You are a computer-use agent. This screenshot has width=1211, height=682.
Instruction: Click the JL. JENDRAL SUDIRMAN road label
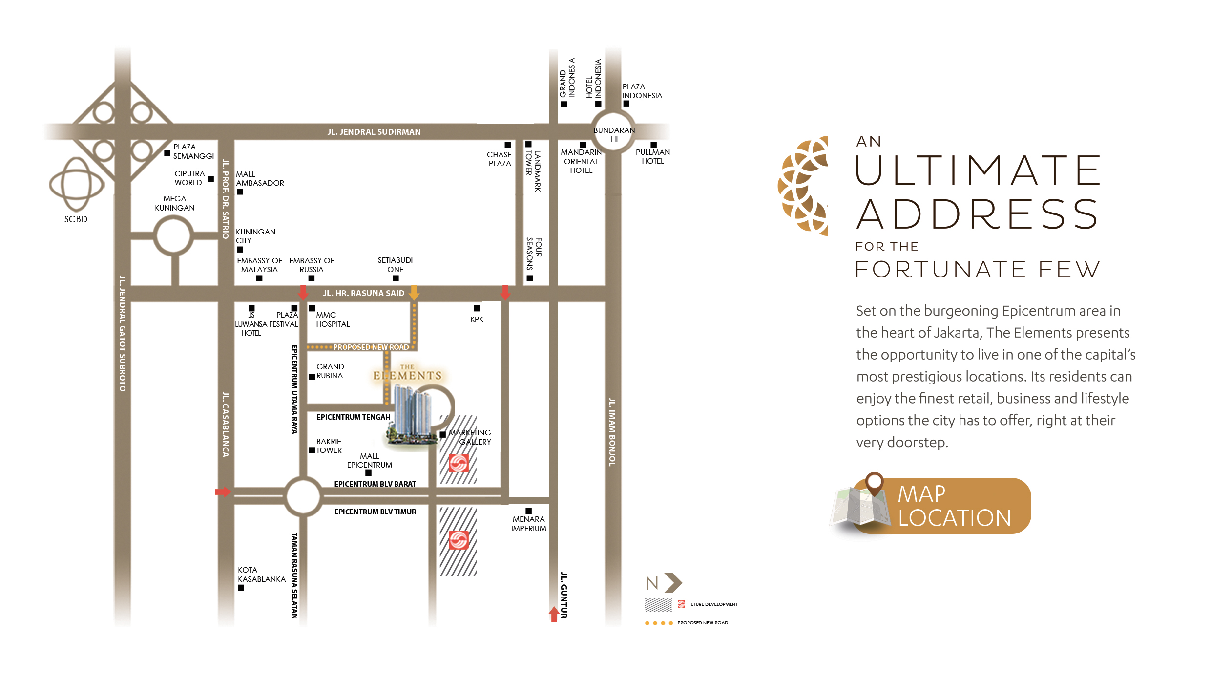pos(374,132)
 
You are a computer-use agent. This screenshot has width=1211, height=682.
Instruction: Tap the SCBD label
pos(76,219)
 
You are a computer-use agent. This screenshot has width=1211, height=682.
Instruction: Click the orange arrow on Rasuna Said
pos(414,292)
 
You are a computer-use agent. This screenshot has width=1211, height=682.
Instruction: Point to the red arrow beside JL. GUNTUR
pos(554,614)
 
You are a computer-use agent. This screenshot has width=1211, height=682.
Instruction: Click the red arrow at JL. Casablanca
pos(223,491)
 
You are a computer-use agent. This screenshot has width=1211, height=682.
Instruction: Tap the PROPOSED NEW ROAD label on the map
pos(371,347)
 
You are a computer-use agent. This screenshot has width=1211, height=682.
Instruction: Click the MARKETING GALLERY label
pos(470,437)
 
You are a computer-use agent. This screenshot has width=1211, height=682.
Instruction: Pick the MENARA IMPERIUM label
pos(528,524)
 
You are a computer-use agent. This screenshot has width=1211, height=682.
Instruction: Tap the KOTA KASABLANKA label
pos(262,575)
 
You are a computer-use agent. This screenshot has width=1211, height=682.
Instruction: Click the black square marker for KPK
pos(477,308)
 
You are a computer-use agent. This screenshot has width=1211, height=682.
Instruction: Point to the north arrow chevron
pos(673,583)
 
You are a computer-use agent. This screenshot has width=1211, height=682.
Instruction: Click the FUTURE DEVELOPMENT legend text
pos(713,604)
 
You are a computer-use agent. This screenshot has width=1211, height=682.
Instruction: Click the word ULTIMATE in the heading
pos(978,170)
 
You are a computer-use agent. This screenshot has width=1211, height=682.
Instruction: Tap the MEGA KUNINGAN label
pos(175,203)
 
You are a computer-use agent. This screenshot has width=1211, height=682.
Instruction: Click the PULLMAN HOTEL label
pos(653,157)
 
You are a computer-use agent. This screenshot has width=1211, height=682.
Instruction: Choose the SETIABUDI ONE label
pos(395,265)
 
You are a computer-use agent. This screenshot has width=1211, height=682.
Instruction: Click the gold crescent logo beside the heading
pos(803,186)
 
